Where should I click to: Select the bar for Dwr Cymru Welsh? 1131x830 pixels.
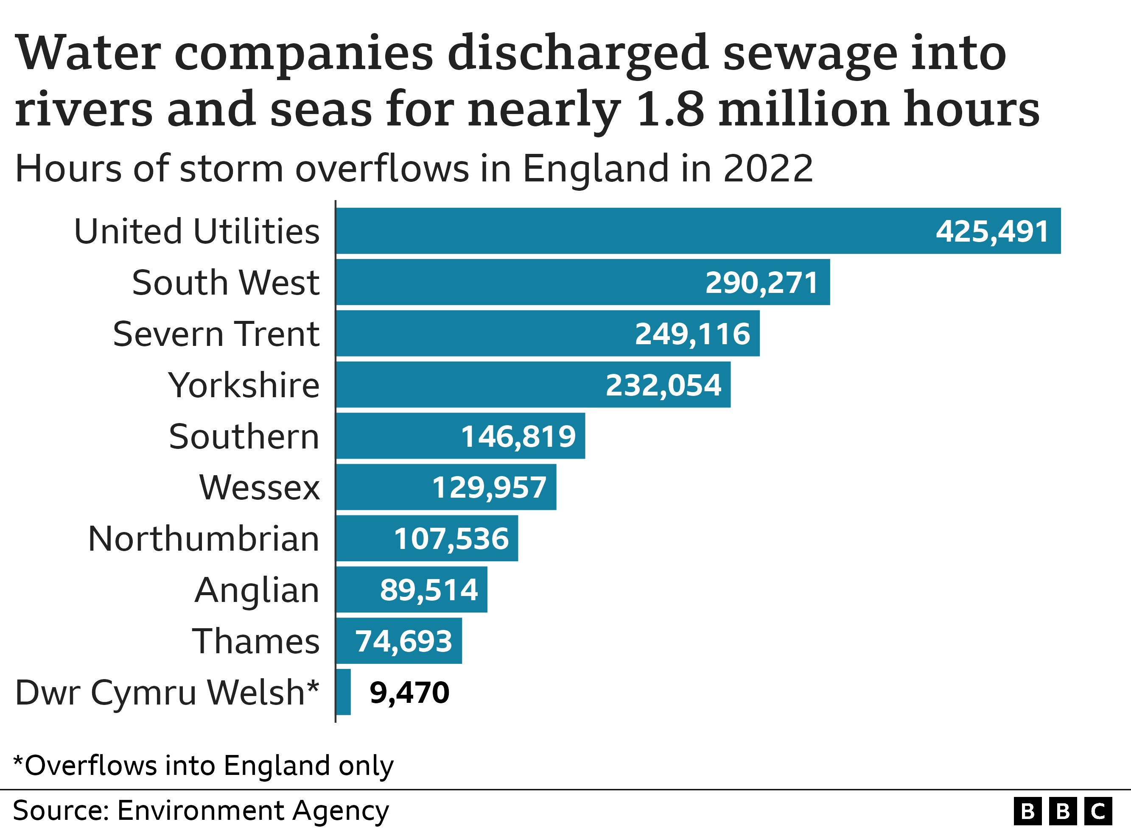(x=343, y=692)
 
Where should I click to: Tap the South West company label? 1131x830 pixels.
(x=225, y=282)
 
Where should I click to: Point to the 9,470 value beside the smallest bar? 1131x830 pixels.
(x=409, y=692)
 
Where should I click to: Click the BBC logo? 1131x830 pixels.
(x=1063, y=811)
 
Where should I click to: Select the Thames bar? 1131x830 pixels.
(x=399, y=641)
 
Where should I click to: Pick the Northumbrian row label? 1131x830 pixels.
(x=204, y=539)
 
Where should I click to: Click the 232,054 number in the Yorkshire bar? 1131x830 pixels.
(x=663, y=385)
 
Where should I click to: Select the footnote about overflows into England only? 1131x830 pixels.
(x=203, y=766)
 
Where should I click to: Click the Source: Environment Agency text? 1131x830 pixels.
(x=201, y=811)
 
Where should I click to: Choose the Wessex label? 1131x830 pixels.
(x=259, y=487)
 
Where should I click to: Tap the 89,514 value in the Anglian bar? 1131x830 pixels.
(x=429, y=590)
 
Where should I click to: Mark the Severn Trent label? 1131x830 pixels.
(x=216, y=334)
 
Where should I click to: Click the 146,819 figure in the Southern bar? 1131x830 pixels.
(x=518, y=436)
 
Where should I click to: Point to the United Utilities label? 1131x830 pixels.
(x=196, y=231)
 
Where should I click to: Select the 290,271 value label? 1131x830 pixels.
(x=761, y=282)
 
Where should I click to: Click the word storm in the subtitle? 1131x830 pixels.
(x=231, y=168)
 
